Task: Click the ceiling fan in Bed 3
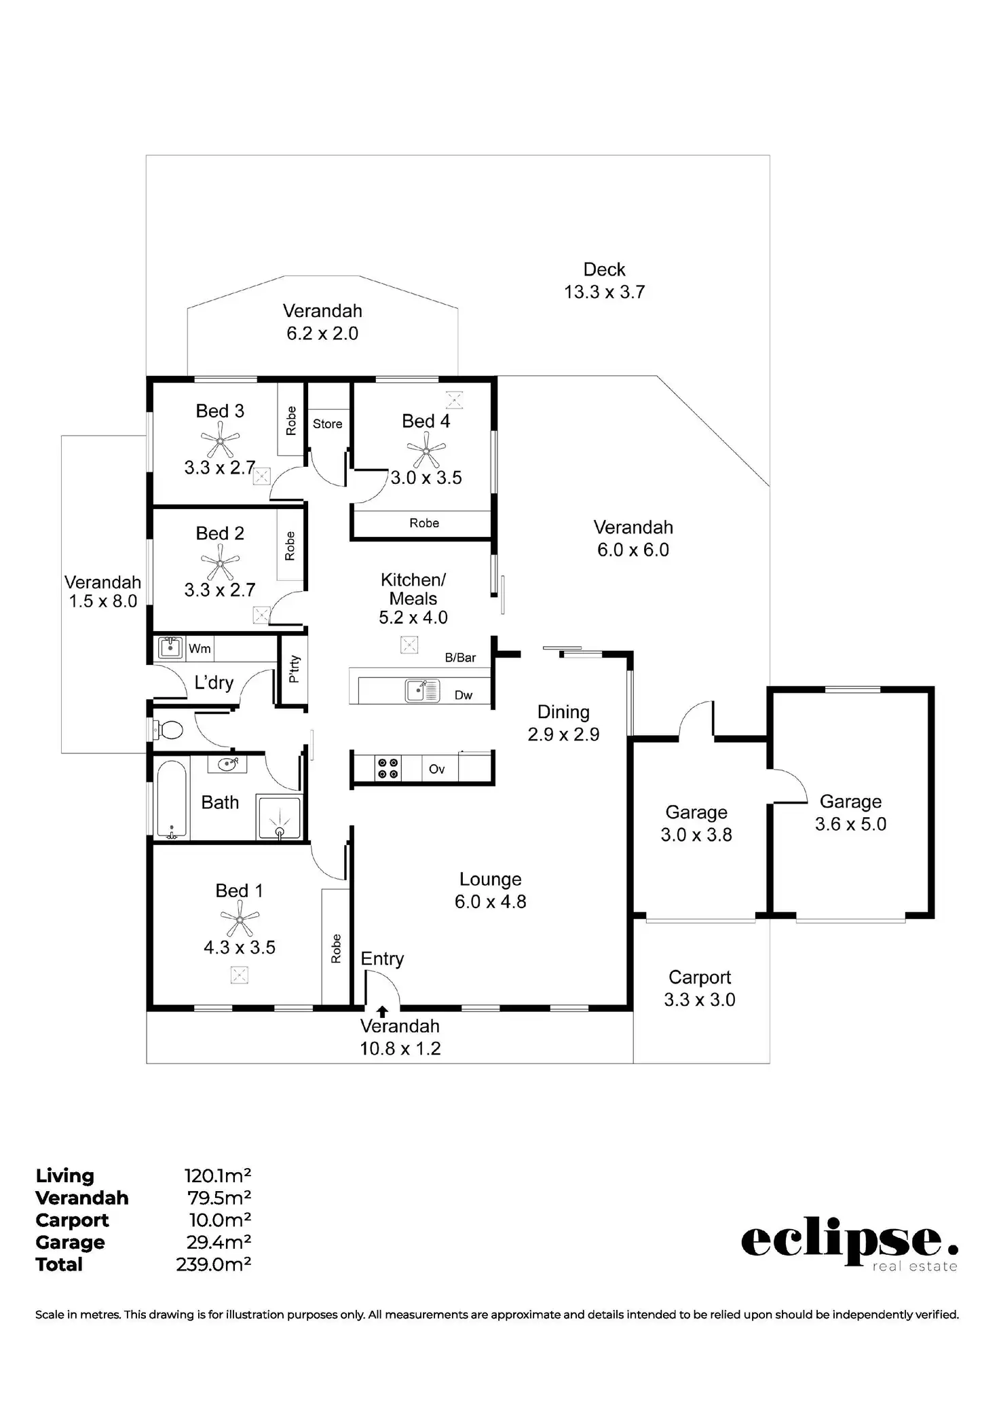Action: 221,440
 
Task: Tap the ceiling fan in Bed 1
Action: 240,919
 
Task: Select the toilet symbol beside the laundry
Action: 167,730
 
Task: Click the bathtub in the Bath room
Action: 171,799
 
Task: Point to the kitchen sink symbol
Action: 422,690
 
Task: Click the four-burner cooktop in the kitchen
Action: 388,769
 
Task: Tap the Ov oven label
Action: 437,769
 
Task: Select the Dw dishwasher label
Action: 464,695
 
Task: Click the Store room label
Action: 328,424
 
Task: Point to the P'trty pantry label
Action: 294,668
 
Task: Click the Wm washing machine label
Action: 200,649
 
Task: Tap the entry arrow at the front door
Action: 382,1012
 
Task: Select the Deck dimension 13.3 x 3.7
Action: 604,292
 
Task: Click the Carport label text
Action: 700,977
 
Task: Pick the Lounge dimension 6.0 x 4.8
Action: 491,901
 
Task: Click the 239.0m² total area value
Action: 214,1264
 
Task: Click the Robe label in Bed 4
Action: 424,523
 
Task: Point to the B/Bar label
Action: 460,658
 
